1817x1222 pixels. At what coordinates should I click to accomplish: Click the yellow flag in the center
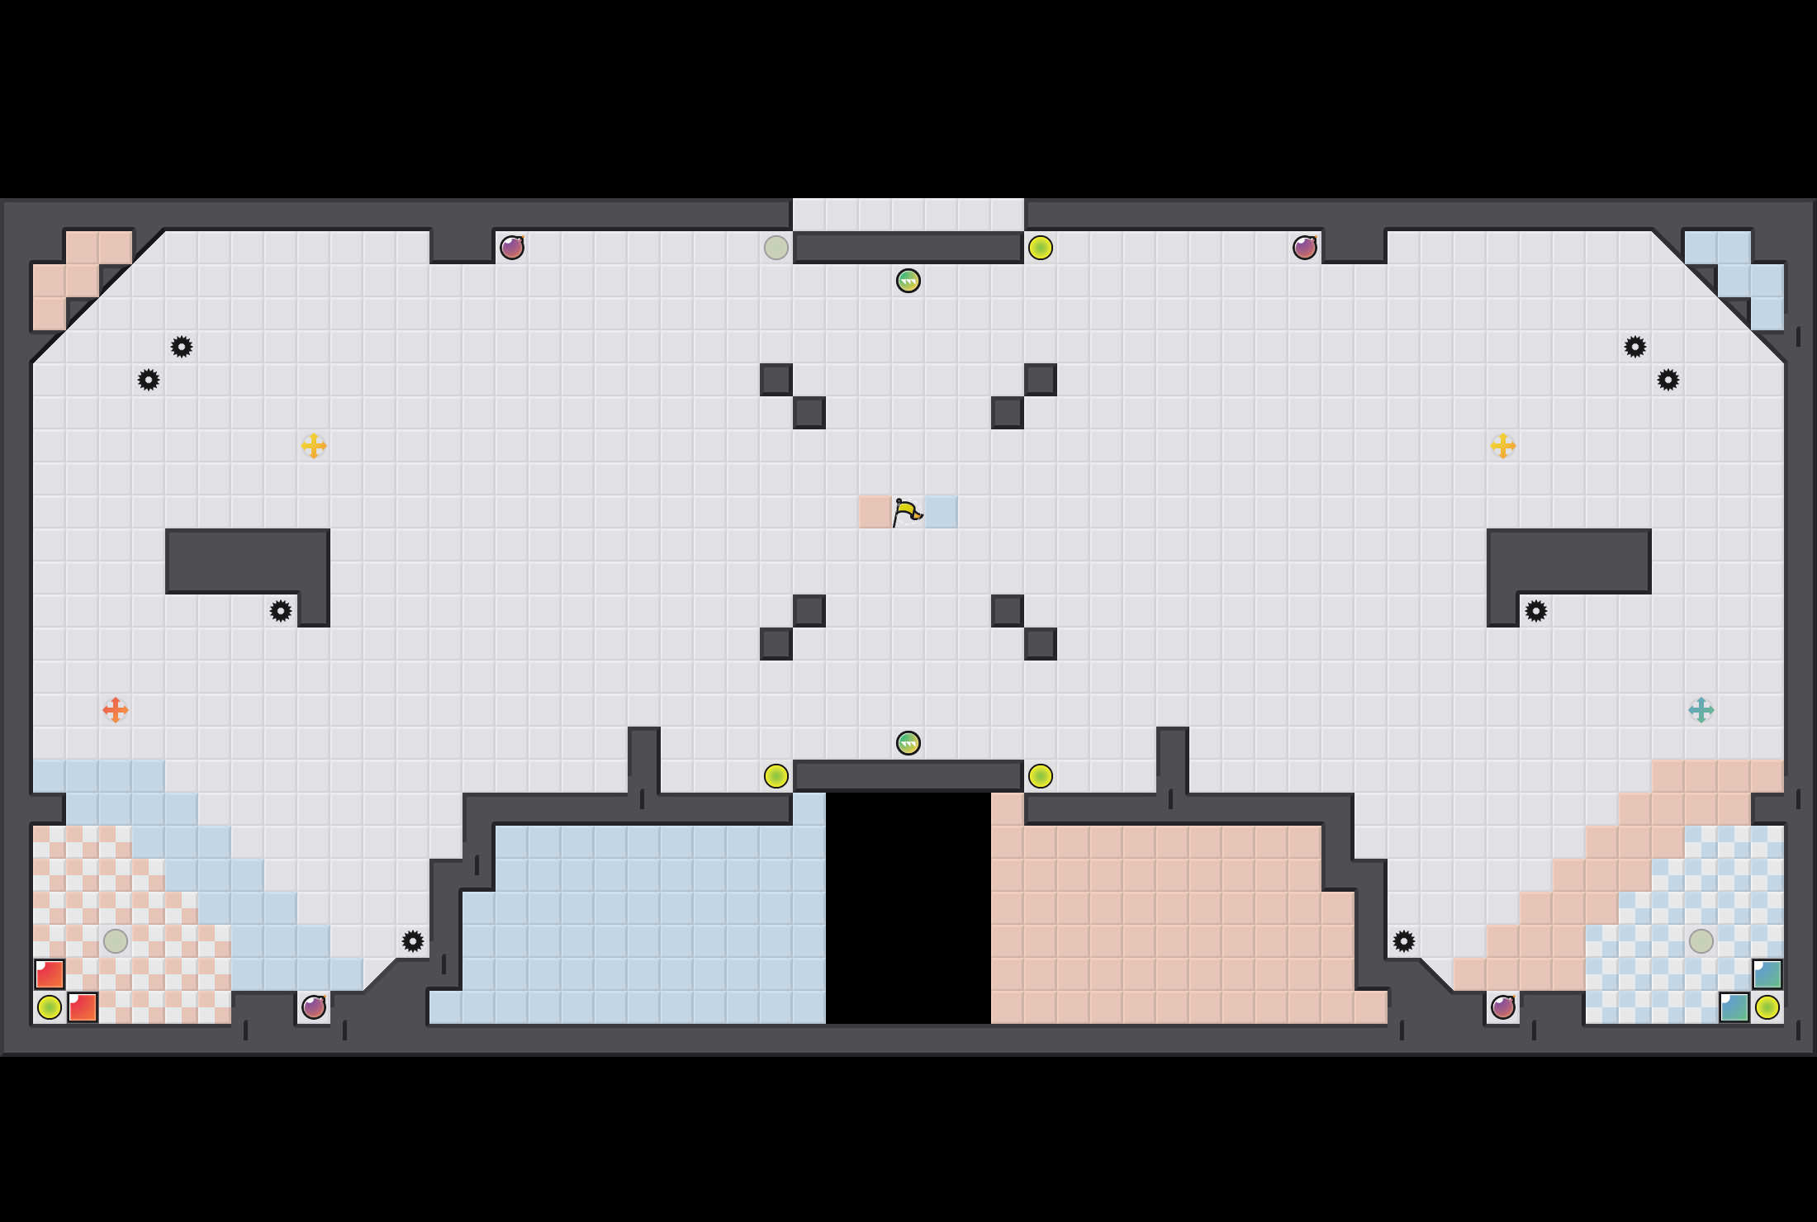pyautogui.click(x=907, y=512)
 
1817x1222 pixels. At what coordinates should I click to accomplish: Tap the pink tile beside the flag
pyautogui.click(x=875, y=512)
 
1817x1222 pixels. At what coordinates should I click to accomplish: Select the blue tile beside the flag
pyautogui.click(x=941, y=512)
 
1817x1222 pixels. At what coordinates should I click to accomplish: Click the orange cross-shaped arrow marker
pyautogui.click(x=115, y=709)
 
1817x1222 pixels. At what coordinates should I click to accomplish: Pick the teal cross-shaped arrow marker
pyautogui.click(x=1701, y=709)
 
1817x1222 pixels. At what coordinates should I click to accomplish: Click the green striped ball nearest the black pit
pyautogui.click(x=908, y=743)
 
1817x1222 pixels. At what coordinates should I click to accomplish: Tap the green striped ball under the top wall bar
pyautogui.click(x=908, y=281)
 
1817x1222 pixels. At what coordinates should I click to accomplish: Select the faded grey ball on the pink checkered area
pyautogui.click(x=115, y=940)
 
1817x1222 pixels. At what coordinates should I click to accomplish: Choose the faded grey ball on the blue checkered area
pyautogui.click(x=1701, y=940)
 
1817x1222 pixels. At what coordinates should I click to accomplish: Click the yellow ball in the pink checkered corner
pyautogui.click(x=50, y=1007)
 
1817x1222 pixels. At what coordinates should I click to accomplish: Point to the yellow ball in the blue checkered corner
pyautogui.click(x=1767, y=1007)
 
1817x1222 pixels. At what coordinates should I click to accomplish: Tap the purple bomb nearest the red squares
pyautogui.click(x=314, y=1007)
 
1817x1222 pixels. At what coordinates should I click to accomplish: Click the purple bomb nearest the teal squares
pyautogui.click(x=1502, y=1007)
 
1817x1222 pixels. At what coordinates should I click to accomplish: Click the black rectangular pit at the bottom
pyautogui.click(x=908, y=908)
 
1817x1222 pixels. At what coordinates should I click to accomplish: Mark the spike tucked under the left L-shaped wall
pyautogui.click(x=281, y=611)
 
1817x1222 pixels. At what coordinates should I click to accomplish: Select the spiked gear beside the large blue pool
pyautogui.click(x=413, y=941)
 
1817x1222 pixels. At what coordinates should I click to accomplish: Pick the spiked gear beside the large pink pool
pyautogui.click(x=1404, y=941)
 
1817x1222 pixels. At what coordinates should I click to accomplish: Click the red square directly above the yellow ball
pyautogui.click(x=50, y=974)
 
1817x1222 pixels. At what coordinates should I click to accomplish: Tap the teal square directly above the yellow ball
pyautogui.click(x=1767, y=974)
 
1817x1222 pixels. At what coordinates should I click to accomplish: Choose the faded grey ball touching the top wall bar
pyautogui.click(x=776, y=248)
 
